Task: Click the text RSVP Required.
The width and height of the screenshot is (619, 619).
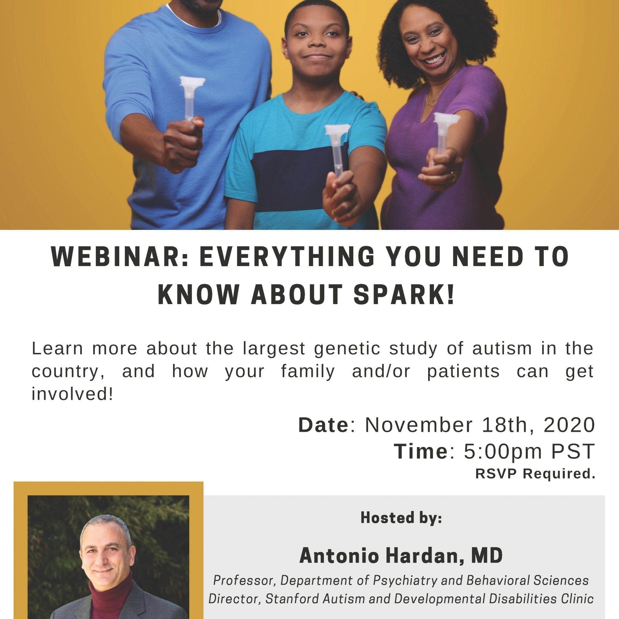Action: (x=535, y=474)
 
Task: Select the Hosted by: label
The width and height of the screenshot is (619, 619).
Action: (x=401, y=518)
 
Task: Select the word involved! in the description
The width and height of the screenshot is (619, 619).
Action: (x=73, y=394)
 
